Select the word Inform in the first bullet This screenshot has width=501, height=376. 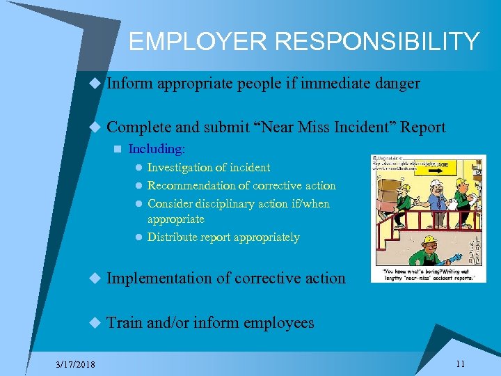129,84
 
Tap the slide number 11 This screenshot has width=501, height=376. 460,363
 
